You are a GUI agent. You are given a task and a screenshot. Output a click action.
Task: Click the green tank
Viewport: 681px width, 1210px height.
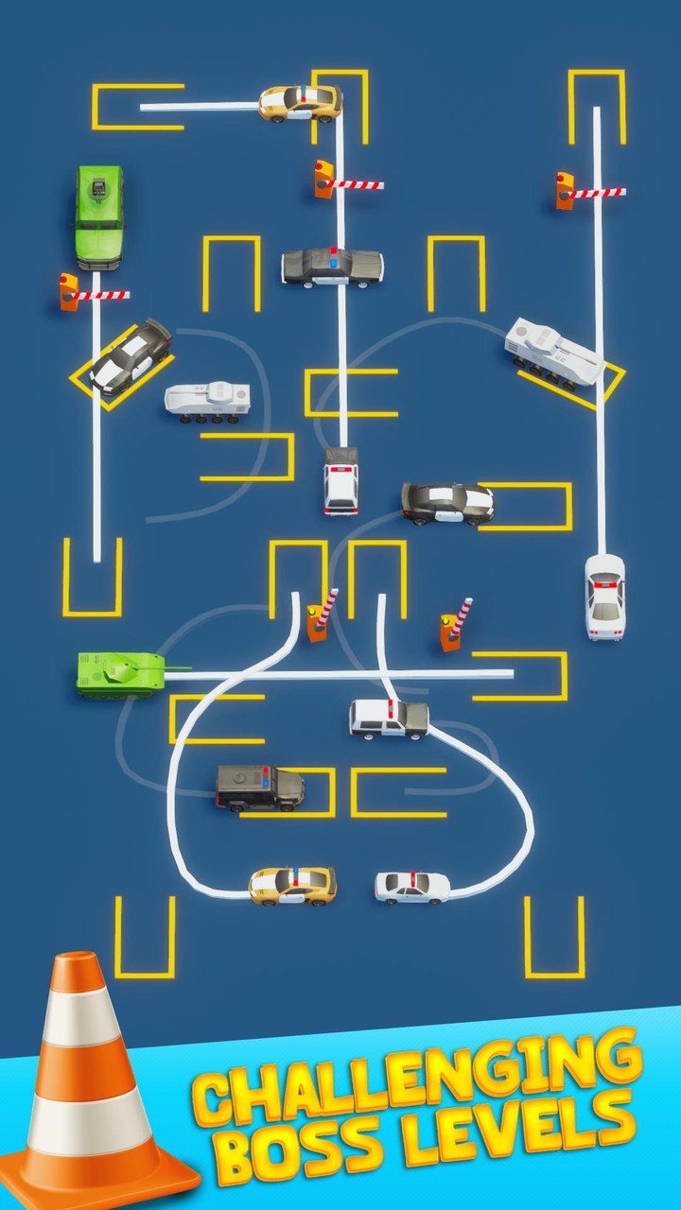(118, 673)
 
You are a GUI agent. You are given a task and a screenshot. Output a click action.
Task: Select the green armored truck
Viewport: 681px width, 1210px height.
(98, 216)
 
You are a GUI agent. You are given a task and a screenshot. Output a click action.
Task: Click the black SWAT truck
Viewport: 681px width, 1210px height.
(259, 787)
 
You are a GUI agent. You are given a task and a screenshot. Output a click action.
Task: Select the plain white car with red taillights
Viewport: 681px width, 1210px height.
(604, 596)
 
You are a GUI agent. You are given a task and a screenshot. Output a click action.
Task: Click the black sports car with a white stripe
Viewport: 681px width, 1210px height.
(447, 503)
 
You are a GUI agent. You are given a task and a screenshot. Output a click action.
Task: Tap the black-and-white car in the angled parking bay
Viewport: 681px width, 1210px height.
(130, 355)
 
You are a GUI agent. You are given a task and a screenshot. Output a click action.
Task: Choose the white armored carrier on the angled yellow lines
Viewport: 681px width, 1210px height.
(552, 352)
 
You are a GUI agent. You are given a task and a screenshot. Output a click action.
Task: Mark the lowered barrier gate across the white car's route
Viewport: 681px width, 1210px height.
(590, 192)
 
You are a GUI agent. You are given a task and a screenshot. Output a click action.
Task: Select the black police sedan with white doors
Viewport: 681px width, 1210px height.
(332, 267)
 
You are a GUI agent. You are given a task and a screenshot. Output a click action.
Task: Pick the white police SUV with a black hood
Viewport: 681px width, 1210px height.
(389, 718)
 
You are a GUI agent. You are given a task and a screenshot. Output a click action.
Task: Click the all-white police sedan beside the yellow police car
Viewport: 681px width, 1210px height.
(412, 887)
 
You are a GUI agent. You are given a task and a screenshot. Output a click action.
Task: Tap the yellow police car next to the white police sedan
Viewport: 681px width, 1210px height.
(292, 885)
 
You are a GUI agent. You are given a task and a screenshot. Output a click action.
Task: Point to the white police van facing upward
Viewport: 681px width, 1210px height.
(340, 481)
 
